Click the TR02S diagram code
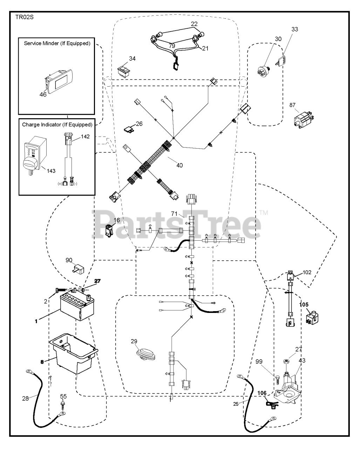tap(24, 17)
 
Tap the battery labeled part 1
tap(77, 307)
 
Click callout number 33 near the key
tap(294, 29)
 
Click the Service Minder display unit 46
tap(59, 81)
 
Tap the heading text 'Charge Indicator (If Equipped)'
tap(57, 125)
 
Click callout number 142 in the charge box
tap(85, 137)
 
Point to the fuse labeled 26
tap(129, 129)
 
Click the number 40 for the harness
tap(179, 166)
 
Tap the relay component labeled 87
tap(304, 120)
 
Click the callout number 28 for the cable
tap(26, 399)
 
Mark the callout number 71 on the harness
tap(174, 214)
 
